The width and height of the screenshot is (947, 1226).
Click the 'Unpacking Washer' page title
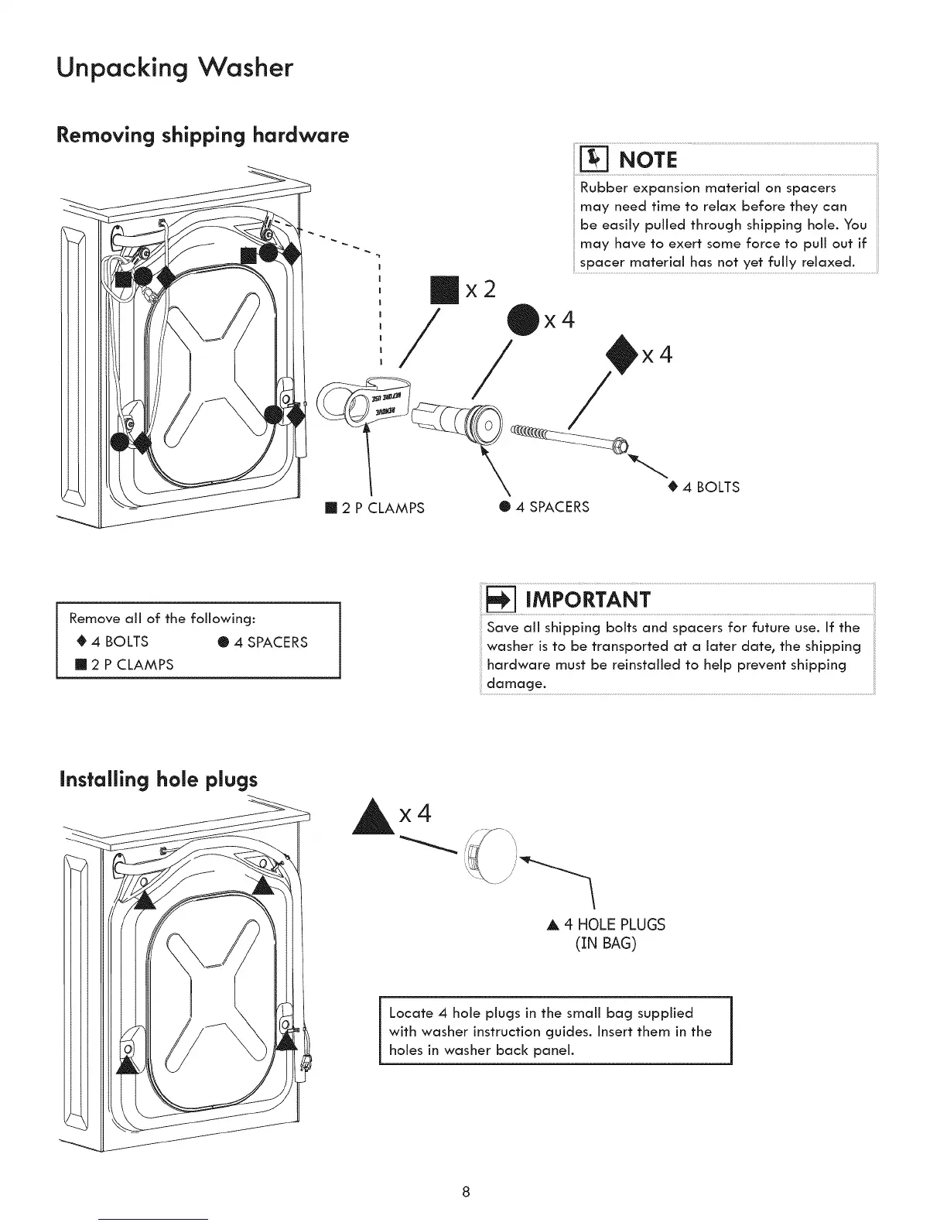(x=175, y=68)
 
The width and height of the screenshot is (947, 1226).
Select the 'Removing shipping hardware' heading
(x=203, y=135)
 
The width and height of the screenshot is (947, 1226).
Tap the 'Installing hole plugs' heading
(x=158, y=779)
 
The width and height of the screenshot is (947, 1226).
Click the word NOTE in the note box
(x=648, y=160)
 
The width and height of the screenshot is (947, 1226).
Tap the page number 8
(x=466, y=1190)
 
